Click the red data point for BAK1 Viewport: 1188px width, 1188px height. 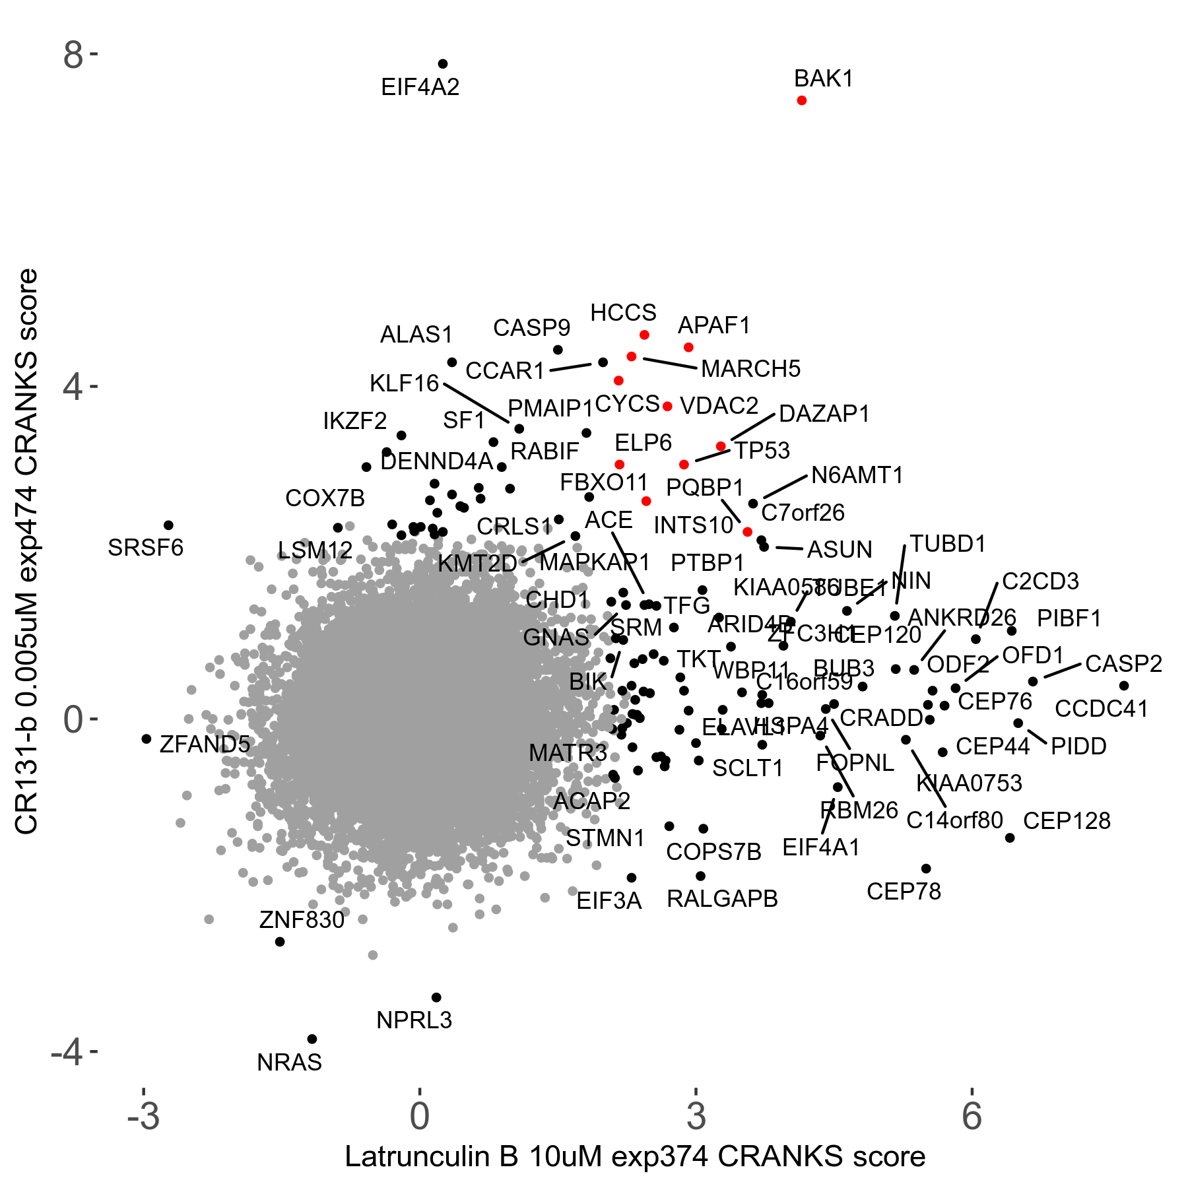pyautogui.click(x=801, y=100)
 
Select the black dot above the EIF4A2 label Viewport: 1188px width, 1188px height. pyautogui.click(x=443, y=64)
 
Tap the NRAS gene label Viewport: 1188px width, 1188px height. pyautogui.click(x=289, y=1063)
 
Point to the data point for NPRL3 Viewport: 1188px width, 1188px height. pyautogui.click(x=436, y=997)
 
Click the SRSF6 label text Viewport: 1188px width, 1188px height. pyautogui.click(x=145, y=548)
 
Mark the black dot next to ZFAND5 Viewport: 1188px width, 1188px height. pyautogui.click(x=147, y=739)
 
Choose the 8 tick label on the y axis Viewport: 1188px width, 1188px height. pyautogui.click(x=73, y=56)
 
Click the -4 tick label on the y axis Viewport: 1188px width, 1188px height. pyautogui.click(x=67, y=1052)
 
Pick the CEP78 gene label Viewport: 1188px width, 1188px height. pyautogui.click(x=904, y=892)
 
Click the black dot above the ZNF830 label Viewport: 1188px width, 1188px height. pyautogui.click(x=280, y=941)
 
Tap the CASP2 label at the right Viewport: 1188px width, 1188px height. pyautogui.click(x=1123, y=664)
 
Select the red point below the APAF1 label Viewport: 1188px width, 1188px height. pyautogui.click(x=688, y=347)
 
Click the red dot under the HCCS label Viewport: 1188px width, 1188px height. pyautogui.click(x=644, y=335)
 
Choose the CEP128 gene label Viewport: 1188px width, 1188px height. pyautogui.click(x=1067, y=821)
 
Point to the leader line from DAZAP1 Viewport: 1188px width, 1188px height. pyautogui.click(x=752, y=427)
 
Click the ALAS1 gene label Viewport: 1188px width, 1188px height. pyautogui.click(x=416, y=335)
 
